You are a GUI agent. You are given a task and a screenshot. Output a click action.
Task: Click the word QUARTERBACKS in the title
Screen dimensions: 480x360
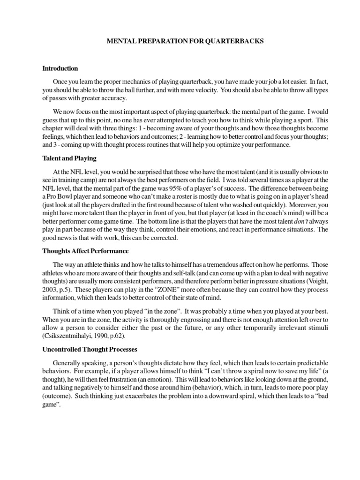click(233, 41)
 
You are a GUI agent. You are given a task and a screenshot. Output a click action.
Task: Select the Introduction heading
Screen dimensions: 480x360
click(60, 68)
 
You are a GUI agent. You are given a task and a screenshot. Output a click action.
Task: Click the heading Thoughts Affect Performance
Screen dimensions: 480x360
click(85, 251)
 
